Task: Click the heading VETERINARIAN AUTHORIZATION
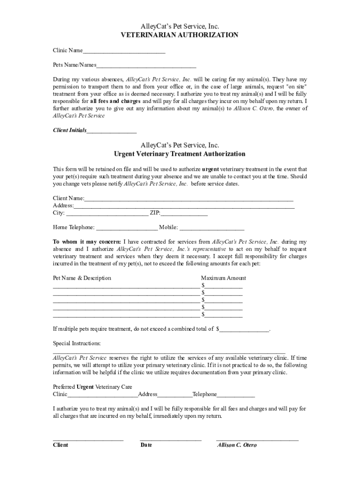(x=180, y=35)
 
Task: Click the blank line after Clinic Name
(x=124, y=51)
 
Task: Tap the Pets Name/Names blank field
(x=146, y=65)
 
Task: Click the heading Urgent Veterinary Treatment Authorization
(x=180, y=154)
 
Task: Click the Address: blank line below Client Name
(x=184, y=206)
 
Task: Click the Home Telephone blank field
(x=127, y=228)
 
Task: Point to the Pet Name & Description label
(x=82, y=278)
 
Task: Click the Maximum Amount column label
(x=223, y=278)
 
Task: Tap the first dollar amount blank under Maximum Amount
(x=223, y=286)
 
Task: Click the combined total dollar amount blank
(x=245, y=329)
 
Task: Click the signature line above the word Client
(x=88, y=440)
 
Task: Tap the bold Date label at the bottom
(x=146, y=445)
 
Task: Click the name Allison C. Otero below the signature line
(x=237, y=445)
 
